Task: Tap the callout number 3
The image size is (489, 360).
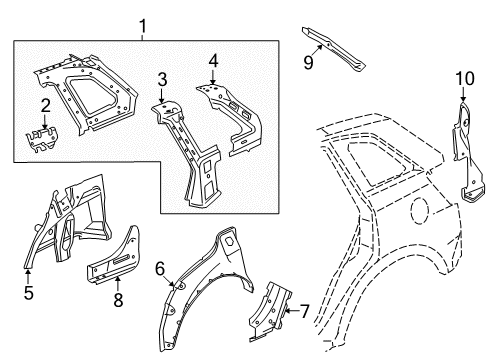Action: tap(162, 80)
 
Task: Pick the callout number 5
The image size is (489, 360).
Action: tap(29, 295)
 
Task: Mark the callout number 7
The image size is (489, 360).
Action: tap(306, 311)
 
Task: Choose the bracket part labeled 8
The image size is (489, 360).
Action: tap(120, 264)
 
